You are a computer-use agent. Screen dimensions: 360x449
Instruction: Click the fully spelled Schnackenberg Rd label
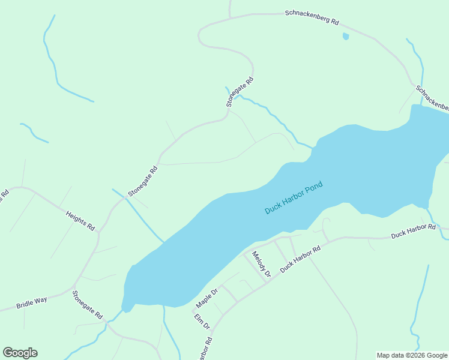312,17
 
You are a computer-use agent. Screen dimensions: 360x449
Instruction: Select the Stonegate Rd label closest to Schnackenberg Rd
240,92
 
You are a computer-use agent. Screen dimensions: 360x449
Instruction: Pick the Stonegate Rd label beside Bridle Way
88,304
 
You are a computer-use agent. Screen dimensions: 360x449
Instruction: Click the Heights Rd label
80,220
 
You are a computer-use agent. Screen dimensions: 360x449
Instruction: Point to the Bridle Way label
32,302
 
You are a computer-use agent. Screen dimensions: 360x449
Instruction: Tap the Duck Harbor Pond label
294,197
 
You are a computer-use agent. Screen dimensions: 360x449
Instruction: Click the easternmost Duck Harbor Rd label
413,230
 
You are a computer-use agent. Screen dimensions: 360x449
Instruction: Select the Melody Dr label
262,264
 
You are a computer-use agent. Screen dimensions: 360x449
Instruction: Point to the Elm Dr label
202,321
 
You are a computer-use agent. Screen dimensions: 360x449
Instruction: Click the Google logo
20,353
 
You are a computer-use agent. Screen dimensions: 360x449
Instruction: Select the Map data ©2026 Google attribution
411,355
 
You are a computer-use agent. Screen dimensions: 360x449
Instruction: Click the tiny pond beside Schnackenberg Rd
345,37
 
